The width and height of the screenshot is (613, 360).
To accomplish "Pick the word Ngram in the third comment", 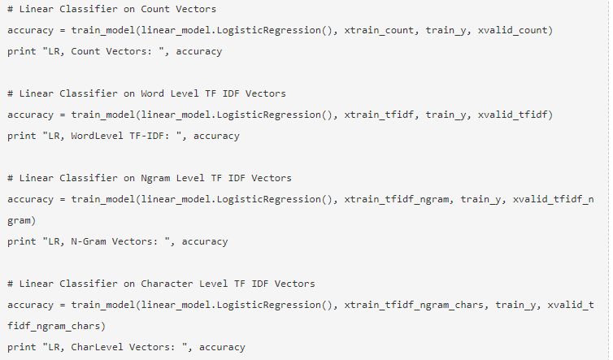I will (156, 178).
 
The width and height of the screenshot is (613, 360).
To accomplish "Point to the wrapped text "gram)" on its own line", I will (22, 220).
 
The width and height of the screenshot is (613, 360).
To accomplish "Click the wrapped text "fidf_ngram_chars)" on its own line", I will (57, 326).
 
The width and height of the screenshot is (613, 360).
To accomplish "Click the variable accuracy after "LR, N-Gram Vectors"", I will (205, 241).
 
